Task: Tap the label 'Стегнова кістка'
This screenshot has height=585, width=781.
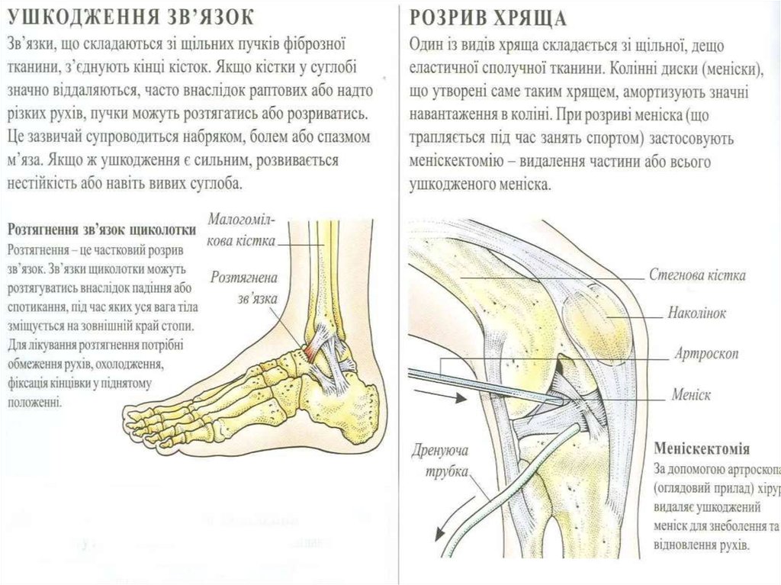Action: pyautogui.click(x=696, y=275)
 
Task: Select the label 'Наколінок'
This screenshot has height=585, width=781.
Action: pyautogui.click(x=696, y=313)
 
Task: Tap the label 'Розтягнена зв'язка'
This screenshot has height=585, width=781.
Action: pyautogui.click(x=244, y=288)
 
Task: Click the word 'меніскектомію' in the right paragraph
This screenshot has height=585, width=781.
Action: pyautogui.click(x=461, y=163)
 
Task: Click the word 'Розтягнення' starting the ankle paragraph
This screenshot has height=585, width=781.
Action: pyautogui.click(x=39, y=249)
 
